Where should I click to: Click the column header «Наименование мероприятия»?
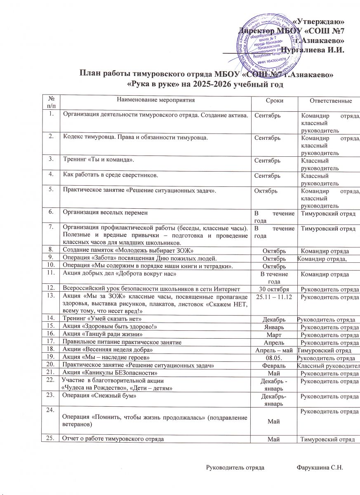(155, 100)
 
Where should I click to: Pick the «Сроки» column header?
(274, 101)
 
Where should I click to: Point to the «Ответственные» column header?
(331, 101)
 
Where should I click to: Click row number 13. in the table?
(51, 296)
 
